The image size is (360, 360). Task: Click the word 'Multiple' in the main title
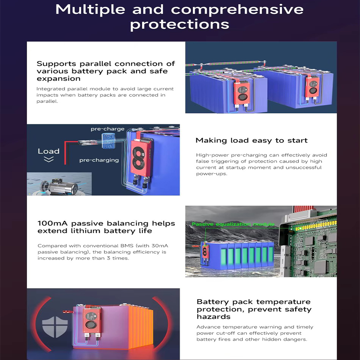pos(90,10)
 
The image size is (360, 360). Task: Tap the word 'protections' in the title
pos(180,24)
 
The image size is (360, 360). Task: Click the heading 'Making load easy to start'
pos(251,140)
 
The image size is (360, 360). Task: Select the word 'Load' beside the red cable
pos(49,151)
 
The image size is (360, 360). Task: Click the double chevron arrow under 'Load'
pos(49,159)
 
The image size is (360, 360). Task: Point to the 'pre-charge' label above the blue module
pos(107,129)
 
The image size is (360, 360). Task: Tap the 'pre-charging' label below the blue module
pos(99,160)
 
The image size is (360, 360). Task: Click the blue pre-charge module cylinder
pos(108,141)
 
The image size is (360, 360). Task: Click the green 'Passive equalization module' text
pos(233,224)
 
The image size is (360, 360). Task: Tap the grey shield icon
pos(55,327)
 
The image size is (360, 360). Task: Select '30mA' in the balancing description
pos(160,246)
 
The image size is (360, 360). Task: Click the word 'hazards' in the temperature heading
pos(213,316)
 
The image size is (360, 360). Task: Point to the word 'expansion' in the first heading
pos(59,79)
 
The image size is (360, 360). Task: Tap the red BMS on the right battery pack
pos(312,86)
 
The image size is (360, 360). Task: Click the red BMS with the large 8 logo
pos(140,158)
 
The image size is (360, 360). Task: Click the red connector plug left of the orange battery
pos(68,311)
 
